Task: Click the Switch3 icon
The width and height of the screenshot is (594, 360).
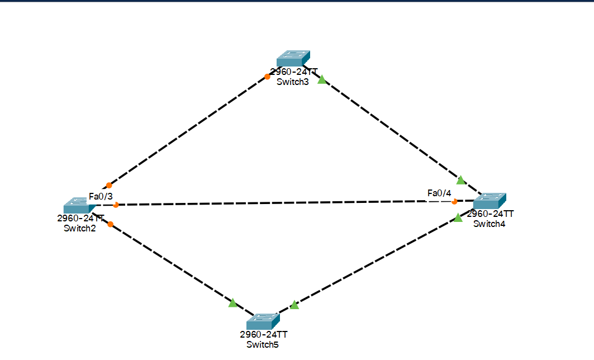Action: [293, 58]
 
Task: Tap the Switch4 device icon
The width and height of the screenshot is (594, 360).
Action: [489, 201]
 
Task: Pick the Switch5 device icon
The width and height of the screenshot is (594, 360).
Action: [263, 321]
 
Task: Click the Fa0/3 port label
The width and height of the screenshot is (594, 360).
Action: [101, 196]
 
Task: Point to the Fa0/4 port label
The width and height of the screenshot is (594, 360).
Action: [439, 193]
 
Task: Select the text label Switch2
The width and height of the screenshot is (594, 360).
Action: [80, 228]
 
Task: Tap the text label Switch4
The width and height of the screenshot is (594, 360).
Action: [490, 224]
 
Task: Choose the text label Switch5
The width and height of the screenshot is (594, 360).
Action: [263, 344]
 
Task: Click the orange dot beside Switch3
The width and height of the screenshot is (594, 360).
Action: [268, 77]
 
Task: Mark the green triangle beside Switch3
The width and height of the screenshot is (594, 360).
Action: [321, 80]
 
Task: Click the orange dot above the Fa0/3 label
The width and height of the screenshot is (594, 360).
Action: [109, 185]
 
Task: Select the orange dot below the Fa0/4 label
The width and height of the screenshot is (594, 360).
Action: [454, 201]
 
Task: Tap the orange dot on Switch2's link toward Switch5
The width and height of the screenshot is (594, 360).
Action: [111, 224]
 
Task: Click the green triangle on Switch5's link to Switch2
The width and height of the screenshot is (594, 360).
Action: [232, 303]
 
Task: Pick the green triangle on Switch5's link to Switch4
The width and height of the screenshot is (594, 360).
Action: [294, 305]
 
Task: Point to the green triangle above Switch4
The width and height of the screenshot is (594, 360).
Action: [460, 180]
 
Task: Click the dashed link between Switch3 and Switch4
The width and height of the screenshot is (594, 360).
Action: [391, 130]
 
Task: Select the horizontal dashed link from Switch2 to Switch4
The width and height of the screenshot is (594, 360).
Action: [279, 203]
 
